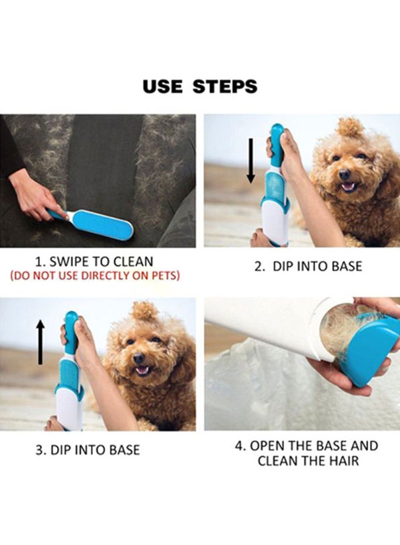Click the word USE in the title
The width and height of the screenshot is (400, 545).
(162, 86)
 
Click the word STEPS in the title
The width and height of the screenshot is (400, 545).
(225, 86)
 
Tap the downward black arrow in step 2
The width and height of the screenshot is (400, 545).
(251, 160)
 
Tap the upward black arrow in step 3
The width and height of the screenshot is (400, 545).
(41, 342)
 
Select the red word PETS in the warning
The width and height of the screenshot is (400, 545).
(166, 276)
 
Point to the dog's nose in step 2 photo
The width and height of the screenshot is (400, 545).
(345, 173)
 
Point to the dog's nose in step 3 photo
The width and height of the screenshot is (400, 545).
(139, 357)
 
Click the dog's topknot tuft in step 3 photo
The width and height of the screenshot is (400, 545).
(144, 311)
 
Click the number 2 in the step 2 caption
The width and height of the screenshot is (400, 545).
(258, 266)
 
